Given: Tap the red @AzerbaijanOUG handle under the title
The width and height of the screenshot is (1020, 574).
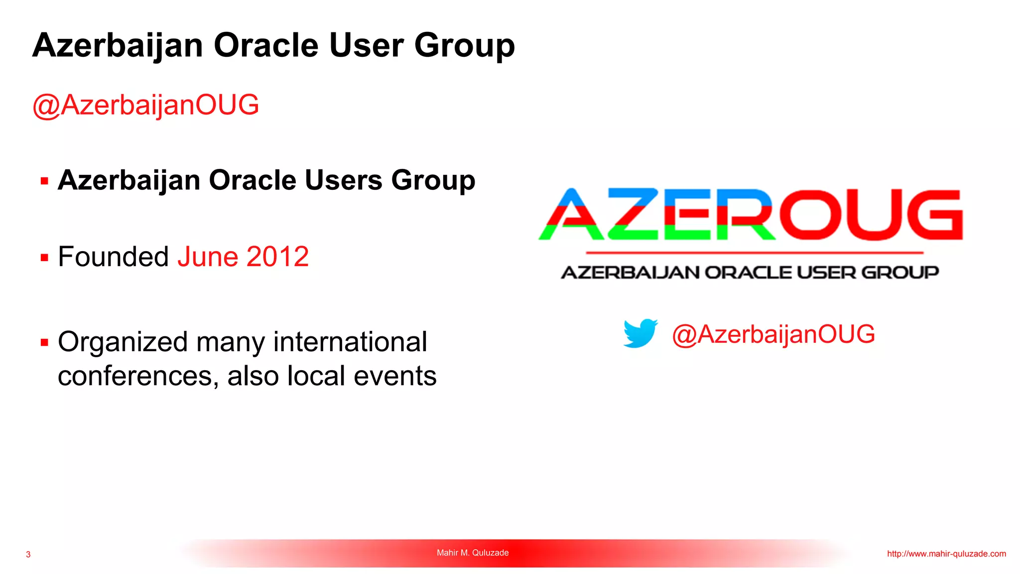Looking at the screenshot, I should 145,105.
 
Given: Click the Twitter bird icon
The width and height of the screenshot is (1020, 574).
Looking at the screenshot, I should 640,333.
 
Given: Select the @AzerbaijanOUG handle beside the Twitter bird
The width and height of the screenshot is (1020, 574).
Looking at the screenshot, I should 773,334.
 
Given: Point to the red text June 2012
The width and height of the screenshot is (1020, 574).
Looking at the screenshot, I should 243,257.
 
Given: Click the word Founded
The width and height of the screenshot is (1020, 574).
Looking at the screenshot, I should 113,257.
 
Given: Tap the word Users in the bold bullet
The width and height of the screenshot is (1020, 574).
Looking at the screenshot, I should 343,180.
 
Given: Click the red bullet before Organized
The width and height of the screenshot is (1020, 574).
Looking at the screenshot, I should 44,343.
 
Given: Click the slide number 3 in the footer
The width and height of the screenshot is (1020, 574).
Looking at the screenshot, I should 28,554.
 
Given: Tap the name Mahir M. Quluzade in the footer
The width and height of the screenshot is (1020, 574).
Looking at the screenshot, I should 473,553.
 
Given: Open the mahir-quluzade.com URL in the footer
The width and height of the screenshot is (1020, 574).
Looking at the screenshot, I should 946,554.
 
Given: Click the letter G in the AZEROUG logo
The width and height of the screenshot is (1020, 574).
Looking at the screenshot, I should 934,215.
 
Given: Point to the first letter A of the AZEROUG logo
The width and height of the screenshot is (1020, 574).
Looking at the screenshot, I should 571,215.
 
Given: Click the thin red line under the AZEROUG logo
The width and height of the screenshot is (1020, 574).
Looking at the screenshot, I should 754,253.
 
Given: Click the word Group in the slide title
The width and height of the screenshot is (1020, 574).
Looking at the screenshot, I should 464,46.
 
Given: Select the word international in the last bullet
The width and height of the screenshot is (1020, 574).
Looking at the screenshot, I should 350,342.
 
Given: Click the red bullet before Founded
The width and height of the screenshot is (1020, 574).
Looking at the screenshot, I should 44,258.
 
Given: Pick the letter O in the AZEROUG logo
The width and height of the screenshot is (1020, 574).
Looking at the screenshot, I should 812,215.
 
